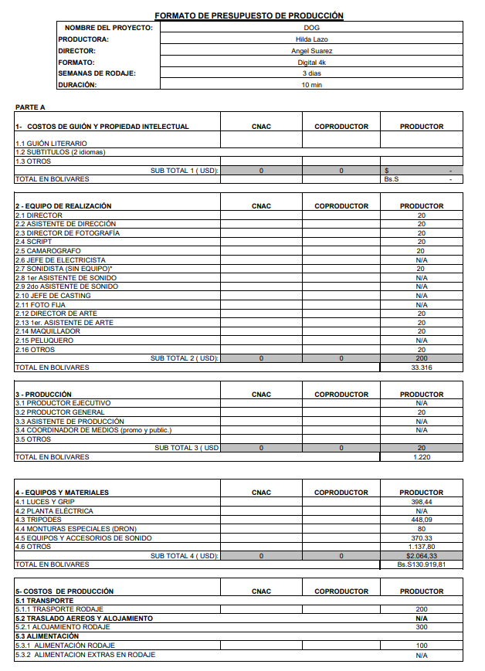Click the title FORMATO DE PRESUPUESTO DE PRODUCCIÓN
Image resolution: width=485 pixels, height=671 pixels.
pos(249,15)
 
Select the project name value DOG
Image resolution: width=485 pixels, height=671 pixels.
pos(312,28)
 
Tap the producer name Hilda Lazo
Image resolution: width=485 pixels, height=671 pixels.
pos(312,39)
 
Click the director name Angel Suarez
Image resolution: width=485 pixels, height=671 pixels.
pos(312,51)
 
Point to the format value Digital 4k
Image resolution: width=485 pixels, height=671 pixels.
pos(312,63)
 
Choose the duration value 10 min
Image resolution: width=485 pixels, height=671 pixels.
pos(312,85)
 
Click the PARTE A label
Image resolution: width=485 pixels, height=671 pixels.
pos(30,107)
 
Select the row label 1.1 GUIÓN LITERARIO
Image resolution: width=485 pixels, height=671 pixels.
pos(51,144)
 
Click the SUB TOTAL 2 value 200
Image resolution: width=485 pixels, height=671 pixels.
pos(421,358)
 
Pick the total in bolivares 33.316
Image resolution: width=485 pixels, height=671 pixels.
pos(421,368)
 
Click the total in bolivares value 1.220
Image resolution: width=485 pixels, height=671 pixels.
pos(421,457)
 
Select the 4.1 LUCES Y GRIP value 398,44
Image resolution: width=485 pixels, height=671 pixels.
pos(421,502)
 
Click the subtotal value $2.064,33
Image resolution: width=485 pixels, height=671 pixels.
pos(421,556)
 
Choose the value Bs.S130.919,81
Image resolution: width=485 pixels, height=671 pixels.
pos(421,564)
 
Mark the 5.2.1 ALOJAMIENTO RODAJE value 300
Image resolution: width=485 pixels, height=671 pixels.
pos(421,627)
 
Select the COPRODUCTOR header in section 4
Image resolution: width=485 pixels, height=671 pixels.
pos(341,493)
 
